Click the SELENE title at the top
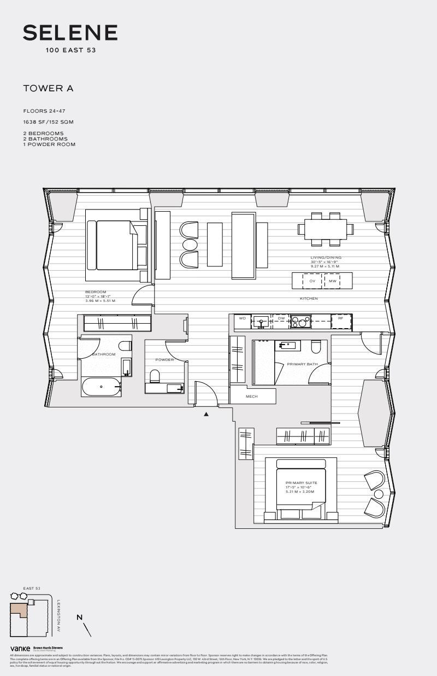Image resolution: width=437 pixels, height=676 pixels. tap(70, 33)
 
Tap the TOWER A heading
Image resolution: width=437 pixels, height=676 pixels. tap(48, 88)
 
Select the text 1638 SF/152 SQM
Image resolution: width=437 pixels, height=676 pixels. tap(48, 122)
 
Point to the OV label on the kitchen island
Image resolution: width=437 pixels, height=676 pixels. tap(312, 281)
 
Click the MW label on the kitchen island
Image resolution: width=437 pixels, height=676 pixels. tap(332, 281)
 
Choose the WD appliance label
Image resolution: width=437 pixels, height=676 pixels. tap(242, 318)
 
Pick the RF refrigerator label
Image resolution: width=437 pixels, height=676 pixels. tap(341, 318)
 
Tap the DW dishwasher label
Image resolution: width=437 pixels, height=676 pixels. tap(281, 318)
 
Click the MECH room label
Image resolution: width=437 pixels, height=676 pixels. tap(252, 397)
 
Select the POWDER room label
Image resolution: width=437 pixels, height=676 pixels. tap(164, 360)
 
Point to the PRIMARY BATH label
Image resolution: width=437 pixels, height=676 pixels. tap(302, 364)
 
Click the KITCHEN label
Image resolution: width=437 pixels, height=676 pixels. tap(309, 299)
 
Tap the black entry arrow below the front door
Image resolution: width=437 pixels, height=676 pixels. tap(206, 415)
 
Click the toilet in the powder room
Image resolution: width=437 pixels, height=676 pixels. tap(155, 376)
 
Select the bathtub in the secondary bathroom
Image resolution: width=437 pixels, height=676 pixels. tap(101, 387)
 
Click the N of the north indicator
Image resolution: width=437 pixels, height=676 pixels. tap(80, 617)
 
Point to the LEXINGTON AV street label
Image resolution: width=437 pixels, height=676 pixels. tap(58, 616)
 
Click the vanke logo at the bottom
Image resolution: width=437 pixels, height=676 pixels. tap(20, 649)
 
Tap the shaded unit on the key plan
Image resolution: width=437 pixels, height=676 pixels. tap(19, 609)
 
